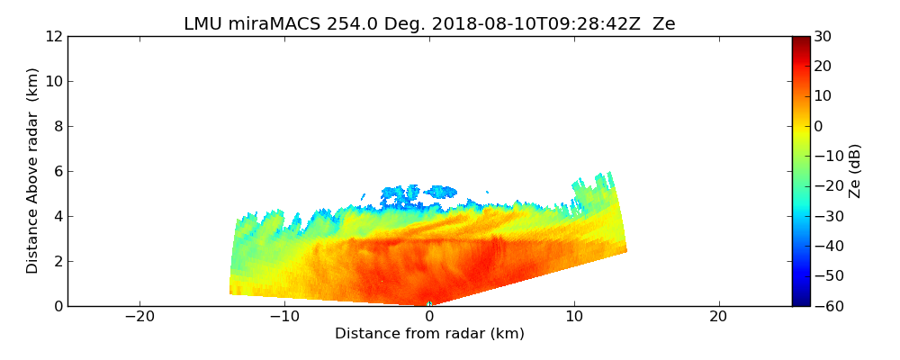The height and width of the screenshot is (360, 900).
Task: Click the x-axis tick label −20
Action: pos(139,317)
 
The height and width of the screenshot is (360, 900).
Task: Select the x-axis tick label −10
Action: pos(284,317)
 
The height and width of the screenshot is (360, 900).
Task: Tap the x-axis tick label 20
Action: pos(718,317)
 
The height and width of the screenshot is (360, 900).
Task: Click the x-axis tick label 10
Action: pos(574,317)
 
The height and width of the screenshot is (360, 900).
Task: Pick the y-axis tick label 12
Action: pos(54,37)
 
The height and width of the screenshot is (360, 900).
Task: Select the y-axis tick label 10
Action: pos(54,82)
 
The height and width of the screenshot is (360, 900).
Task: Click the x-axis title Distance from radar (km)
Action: pos(429,334)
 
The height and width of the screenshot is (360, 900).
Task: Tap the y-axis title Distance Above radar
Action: pos(33,171)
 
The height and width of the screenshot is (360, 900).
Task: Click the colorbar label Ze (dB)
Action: pos(855,171)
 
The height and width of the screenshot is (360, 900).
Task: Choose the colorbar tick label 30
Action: pos(823,37)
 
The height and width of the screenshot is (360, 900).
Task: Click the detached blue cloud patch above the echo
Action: pos(419,192)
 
